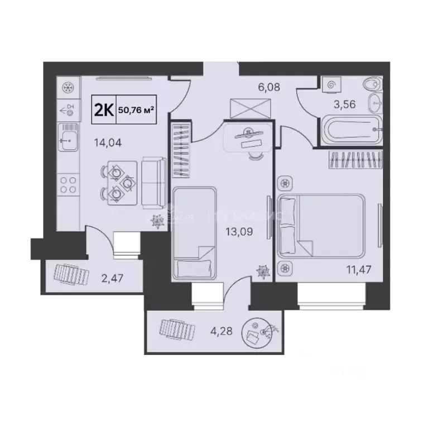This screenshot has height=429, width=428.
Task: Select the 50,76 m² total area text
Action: tap(136, 111)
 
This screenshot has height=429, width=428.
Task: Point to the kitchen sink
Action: tap(69, 138)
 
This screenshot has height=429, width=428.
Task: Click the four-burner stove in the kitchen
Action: tap(68, 185)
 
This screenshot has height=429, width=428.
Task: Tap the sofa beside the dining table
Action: tap(152, 183)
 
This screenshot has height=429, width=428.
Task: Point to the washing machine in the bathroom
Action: tap(333, 85)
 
